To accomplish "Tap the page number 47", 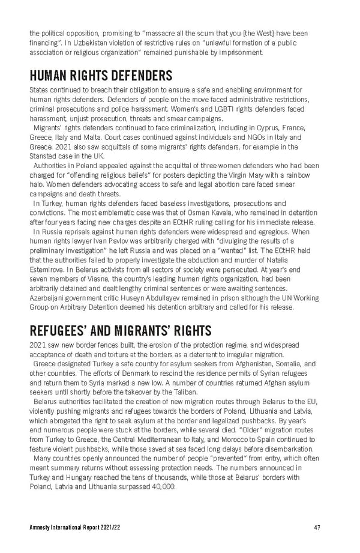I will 316,528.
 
